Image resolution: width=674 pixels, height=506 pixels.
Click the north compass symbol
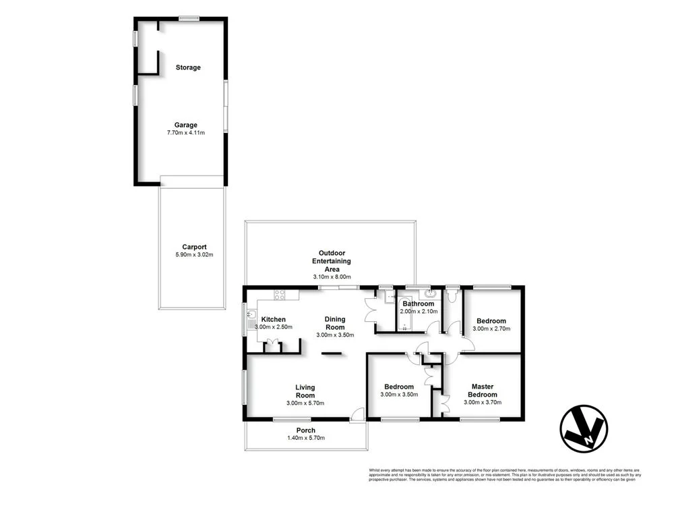point(584,428)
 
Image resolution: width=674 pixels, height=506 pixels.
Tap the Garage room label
point(186,125)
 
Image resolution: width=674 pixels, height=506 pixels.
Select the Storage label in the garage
point(188,67)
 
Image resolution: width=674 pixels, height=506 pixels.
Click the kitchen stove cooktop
point(280,294)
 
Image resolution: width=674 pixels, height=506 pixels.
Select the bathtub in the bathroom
point(405,314)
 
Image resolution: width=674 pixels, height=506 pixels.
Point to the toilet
point(451,295)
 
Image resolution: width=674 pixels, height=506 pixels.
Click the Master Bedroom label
point(483,391)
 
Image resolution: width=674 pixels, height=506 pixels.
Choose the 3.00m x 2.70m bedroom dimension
point(491,329)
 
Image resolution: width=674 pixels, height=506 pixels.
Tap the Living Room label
point(305,391)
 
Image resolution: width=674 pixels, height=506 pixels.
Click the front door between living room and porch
point(357,414)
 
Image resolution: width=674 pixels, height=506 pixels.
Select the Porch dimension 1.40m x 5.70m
point(305,439)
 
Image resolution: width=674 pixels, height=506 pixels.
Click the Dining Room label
point(335,323)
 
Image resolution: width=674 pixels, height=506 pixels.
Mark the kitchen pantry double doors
point(273,346)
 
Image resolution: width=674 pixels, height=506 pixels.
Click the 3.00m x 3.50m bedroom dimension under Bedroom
point(399,395)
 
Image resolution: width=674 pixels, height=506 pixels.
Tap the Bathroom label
point(418,304)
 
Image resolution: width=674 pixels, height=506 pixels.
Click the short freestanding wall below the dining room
point(331,353)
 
